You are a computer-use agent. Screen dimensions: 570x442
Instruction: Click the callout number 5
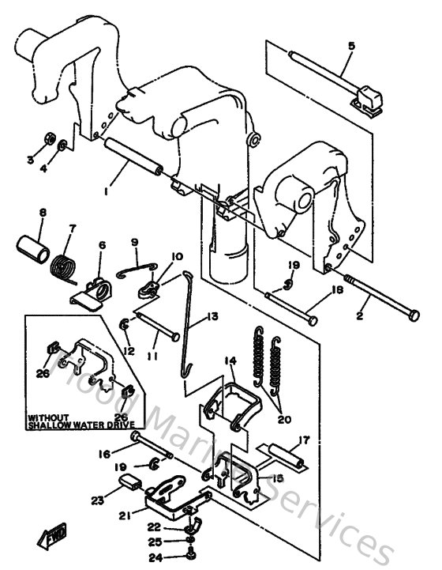[351, 46]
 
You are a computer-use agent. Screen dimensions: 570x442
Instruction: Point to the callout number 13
[212, 317]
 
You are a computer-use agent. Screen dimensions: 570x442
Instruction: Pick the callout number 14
[230, 360]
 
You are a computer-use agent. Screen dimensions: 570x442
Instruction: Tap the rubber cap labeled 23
[131, 484]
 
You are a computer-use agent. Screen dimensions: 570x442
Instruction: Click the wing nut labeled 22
[191, 527]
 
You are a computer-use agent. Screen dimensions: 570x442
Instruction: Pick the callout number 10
[176, 257]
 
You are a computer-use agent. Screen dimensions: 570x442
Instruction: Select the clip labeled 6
[92, 293]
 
